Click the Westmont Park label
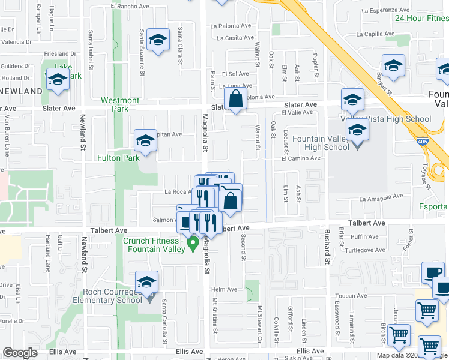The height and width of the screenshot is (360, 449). tap(120, 104)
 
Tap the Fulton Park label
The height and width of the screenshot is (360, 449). tap(119, 158)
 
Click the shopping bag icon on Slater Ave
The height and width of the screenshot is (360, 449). tap(236, 100)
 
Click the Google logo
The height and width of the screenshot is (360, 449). tap(20, 353)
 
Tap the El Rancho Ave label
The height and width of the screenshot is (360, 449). tap(129, 6)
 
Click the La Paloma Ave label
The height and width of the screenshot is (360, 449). tap(230, 26)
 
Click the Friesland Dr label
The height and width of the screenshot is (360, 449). tap(61, 54)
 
